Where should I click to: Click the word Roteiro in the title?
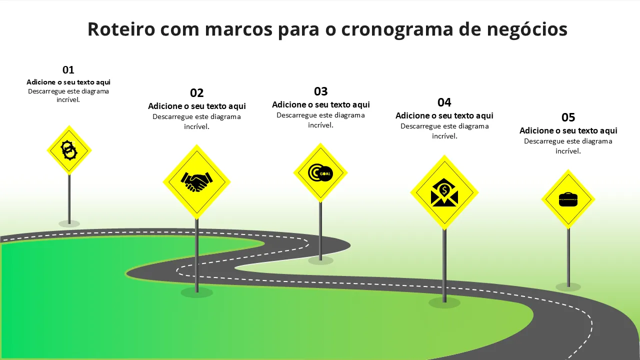(121, 29)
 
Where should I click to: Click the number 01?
(68, 69)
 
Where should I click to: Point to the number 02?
(196, 93)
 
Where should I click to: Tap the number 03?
(320, 91)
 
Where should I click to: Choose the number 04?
(444, 102)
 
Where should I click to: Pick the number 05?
(568, 117)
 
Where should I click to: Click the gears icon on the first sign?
(69, 150)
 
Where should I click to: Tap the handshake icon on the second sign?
(196, 181)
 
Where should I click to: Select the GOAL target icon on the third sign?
(320, 173)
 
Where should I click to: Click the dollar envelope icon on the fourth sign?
(444, 192)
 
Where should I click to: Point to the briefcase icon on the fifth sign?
(568, 199)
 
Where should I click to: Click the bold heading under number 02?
(196, 106)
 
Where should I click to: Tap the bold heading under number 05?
(568, 130)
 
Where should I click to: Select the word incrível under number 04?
(444, 136)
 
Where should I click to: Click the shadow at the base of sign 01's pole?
(69, 223)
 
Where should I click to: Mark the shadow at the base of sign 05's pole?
(568, 287)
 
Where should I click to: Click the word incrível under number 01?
(68, 99)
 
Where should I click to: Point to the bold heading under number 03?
(320, 104)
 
